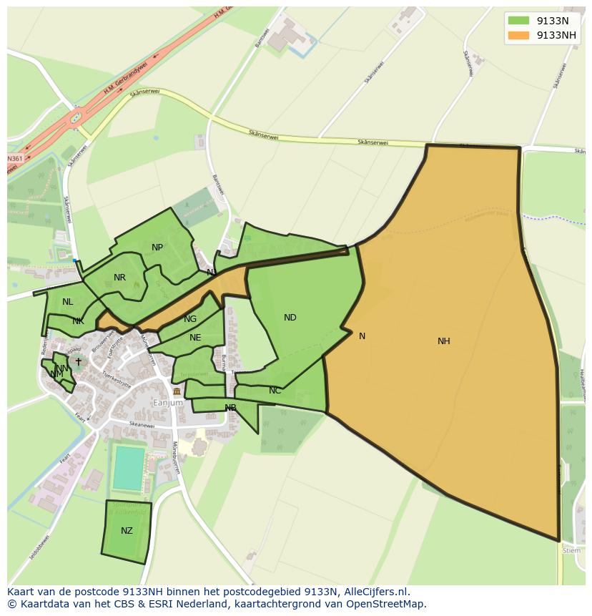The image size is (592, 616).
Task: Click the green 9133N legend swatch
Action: tap(518, 21)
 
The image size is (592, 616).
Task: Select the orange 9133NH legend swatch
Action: tap(518, 35)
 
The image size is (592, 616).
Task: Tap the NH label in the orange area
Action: tap(443, 341)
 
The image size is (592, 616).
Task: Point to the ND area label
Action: tap(290, 318)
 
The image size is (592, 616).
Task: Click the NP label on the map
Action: tap(157, 248)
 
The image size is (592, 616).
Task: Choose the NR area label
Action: tap(119, 278)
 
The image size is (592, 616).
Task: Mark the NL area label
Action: tap(67, 302)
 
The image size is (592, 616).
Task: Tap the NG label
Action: tap(189, 319)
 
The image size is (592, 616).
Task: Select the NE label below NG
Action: tap(195, 338)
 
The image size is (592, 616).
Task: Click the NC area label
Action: tap(275, 391)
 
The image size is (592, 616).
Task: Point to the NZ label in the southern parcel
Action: tap(127, 531)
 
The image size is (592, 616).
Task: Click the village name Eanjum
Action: tap(168, 403)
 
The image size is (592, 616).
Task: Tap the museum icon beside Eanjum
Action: tap(177, 391)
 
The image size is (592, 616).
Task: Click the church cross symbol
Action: tap(79, 362)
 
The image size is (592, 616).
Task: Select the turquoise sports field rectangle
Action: tap(129, 468)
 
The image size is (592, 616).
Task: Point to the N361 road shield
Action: tap(14, 158)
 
